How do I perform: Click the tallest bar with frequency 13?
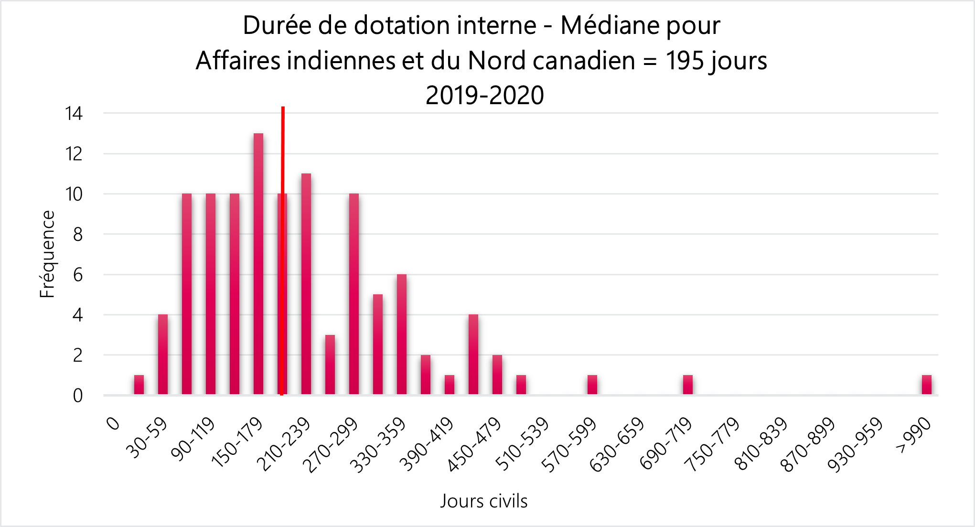[x=258, y=263]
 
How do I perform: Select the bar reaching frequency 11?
[x=306, y=284]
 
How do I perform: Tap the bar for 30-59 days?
[x=163, y=354]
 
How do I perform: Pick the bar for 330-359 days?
[x=402, y=334]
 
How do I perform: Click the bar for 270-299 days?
[x=354, y=294]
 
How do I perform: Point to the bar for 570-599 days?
[x=592, y=385]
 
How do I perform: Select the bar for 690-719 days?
[x=688, y=385]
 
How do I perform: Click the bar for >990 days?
[x=927, y=385]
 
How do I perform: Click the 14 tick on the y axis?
[x=74, y=114]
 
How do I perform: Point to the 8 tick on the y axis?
[x=78, y=235]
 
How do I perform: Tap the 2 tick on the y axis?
[x=78, y=355]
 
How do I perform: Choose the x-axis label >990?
[x=913, y=435]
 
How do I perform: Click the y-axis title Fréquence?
[x=47, y=254]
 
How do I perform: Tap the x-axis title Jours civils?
[x=484, y=501]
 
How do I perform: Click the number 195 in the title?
[x=684, y=61]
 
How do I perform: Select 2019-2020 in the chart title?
[x=484, y=95]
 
